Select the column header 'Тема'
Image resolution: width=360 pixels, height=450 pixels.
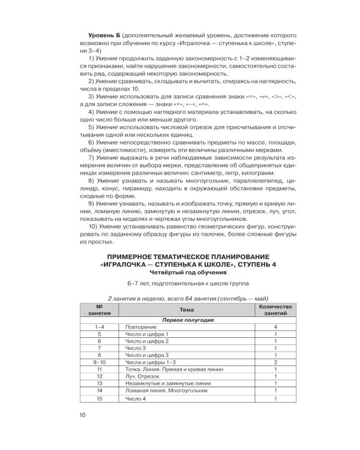point(187,308)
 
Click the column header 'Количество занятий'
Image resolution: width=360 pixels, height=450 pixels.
point(274,308)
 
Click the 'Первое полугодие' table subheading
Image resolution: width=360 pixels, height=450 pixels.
point(187,320)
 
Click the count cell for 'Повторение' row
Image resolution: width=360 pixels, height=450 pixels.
point(274,329)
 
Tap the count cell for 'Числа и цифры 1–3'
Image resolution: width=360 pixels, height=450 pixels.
point(274,362)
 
